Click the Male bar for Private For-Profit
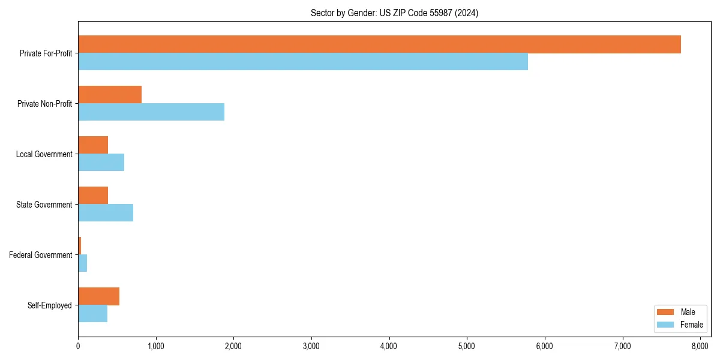379,44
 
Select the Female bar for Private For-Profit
303,62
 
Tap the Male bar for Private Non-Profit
110,95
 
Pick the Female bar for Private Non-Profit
151,112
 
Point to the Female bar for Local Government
101,163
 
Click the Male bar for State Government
93,196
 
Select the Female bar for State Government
106,213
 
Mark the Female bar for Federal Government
83,263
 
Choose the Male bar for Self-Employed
98,296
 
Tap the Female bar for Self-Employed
92,314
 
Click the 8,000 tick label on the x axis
700,346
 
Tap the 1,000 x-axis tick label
155,346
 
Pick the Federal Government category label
41,255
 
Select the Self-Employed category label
50,305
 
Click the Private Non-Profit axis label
44,104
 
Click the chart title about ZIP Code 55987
394,13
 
